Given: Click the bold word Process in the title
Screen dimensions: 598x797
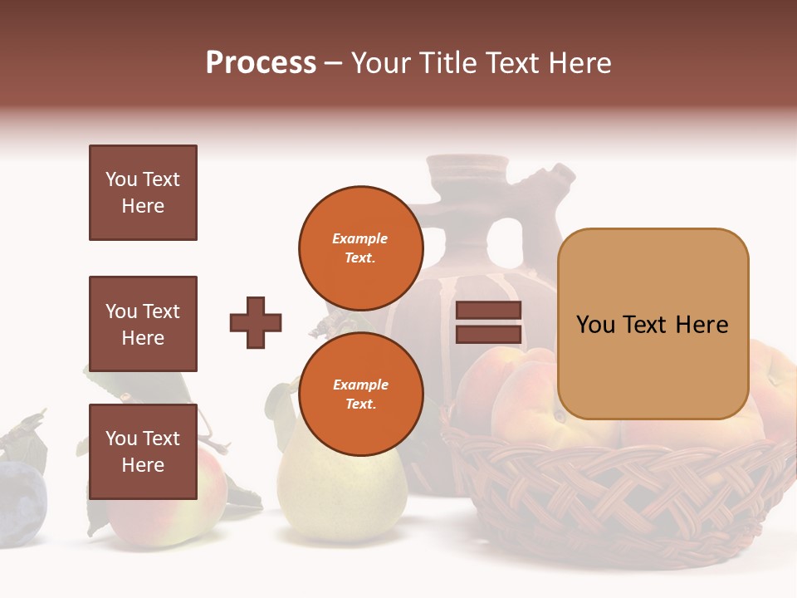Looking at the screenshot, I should coord(261,62).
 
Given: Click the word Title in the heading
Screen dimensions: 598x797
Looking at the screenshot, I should coord(447,63).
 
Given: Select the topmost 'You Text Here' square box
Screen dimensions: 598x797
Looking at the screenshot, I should coord(143,193).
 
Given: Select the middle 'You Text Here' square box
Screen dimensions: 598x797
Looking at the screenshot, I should coord(143,324).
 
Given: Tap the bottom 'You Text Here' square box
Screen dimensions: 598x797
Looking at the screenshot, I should coord(143,451).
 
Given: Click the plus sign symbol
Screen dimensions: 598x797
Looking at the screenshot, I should coord(256,322).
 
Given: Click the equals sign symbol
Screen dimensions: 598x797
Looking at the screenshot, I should coord(488,322).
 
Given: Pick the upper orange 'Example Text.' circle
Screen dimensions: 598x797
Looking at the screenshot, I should coord(360,248).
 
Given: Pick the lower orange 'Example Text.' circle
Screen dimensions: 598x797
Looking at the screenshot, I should coord(360,395).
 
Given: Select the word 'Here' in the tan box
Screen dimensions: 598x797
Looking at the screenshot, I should coord(702,325).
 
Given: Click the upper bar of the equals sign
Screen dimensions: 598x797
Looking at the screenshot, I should coord(488,311).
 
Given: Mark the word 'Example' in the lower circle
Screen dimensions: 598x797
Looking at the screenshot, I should coord(360,385).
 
